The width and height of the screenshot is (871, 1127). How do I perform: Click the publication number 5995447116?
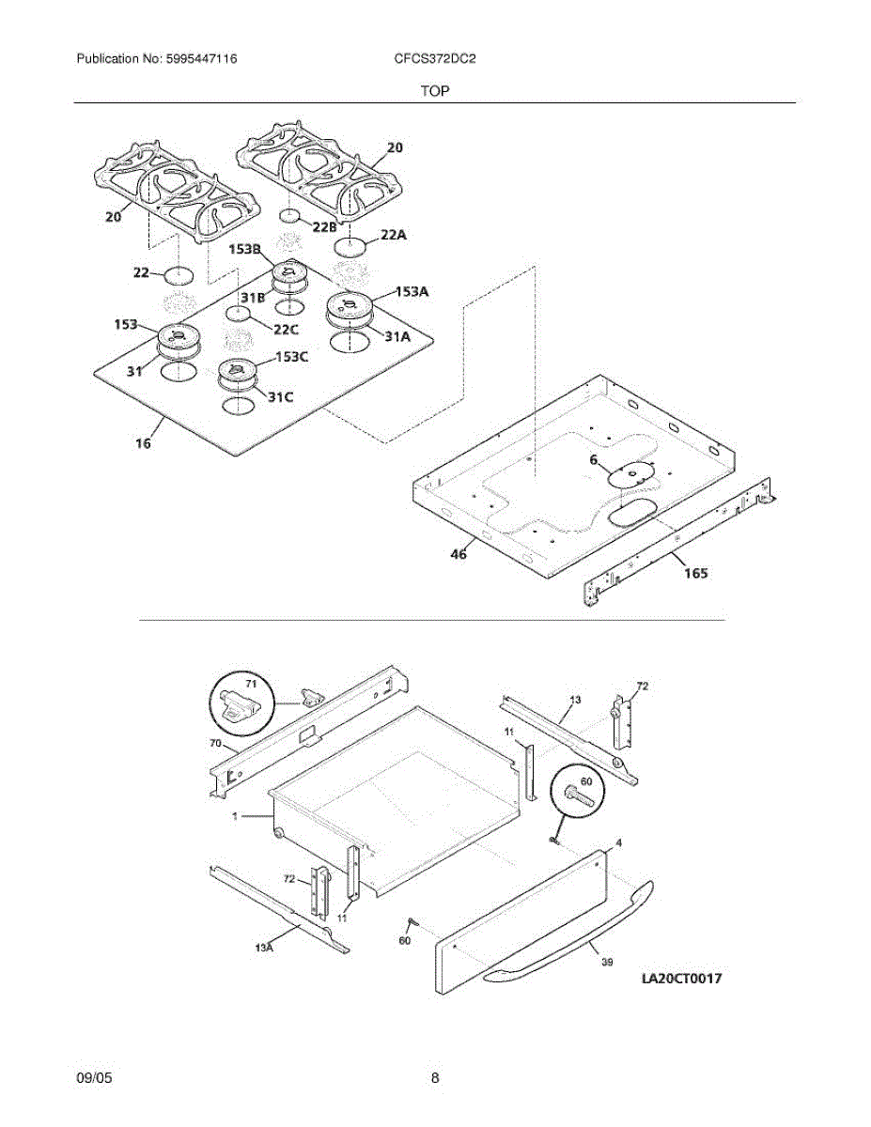coord(199,59)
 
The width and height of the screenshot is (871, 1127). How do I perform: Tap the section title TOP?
coord(434,91)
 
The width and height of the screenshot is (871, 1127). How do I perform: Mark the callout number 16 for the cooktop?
coord(143,442)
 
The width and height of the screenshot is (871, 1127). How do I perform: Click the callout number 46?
coord(458,554)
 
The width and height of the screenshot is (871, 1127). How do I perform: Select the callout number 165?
coord(695,571)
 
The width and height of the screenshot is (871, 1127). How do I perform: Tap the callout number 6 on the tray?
coord(593,459)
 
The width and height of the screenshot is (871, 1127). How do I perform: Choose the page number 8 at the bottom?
coord(435,1079)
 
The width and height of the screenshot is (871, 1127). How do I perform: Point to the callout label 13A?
coord(264,949)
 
